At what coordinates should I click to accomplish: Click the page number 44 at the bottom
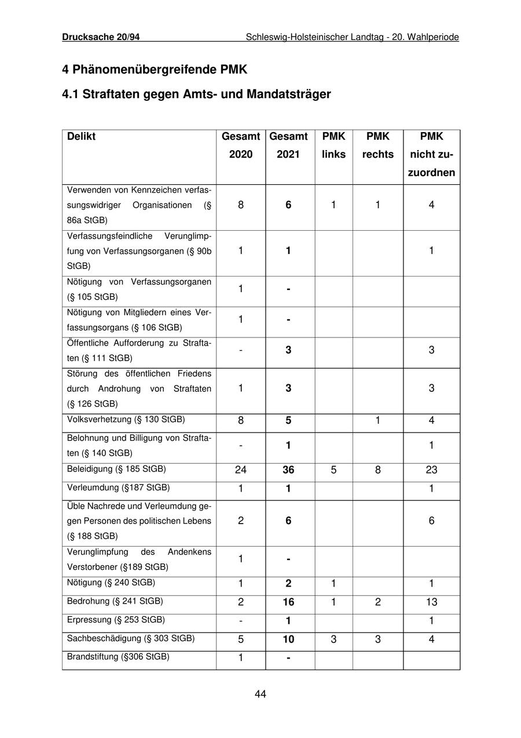pyautogui.click(x=260, y=694)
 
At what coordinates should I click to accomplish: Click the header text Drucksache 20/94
pyautogui.click(x=101, y=37)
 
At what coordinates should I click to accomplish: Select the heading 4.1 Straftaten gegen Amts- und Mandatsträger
pyautogui.click(x=196, y=94)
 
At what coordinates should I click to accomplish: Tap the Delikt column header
pyautogui.click(x=82, y=137)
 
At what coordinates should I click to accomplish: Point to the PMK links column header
pyautogui.click(x=333, y=146)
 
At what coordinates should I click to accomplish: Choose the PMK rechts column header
pyautogui.click(x=377, y=146)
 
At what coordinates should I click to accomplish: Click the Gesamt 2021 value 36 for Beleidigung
pyautogui.click(x=288, y=470)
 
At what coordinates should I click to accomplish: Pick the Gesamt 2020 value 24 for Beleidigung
pyautogui.click(x=241, y=470)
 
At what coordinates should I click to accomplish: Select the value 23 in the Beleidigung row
pyautogui.click(x=431, y=470)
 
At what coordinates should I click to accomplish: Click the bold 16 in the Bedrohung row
pyautogui.click(x=288, y=602)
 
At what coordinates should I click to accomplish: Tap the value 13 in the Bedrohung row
pyautogui.click(x=431, y=602)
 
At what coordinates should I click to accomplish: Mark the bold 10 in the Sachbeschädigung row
pyautogui.click(x=288, y=639)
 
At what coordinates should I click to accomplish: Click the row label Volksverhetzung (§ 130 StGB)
pyautogui.click(x=126, y=419)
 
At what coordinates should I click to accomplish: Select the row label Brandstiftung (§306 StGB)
pyautogui.click(x=118, y=657)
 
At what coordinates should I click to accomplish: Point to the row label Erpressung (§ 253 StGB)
pyautogui.click(x=116, y=620)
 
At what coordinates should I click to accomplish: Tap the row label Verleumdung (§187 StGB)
pyautogui.click(x=118, y=488)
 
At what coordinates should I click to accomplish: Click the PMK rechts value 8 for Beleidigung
pyautogui.click(x=377, y=470)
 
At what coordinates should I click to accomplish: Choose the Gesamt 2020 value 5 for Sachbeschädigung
pyautogui.click(x=241, y=639)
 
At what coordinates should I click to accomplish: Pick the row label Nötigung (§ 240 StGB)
pyautogui.click(x=111, y=583)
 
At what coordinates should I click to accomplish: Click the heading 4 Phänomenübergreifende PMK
pyautogui.click(x=155, y=70)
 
